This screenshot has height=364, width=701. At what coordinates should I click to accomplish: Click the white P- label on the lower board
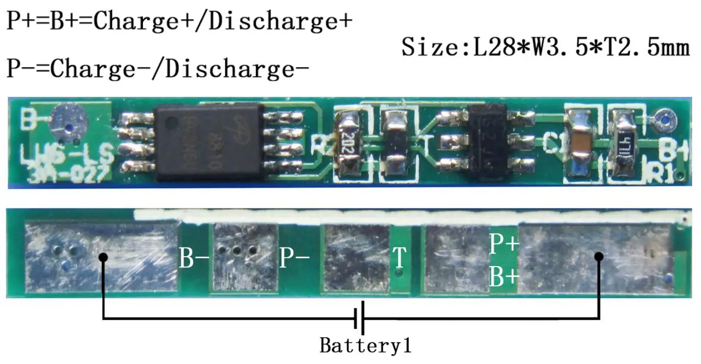click(x=295, y=258)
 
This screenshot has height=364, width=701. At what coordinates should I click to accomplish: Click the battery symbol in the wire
click(x=359, y=318)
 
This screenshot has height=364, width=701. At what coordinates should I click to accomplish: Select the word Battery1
click(x=365, y=346)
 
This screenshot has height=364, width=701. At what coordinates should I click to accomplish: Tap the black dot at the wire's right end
click(x=599, y=256)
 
